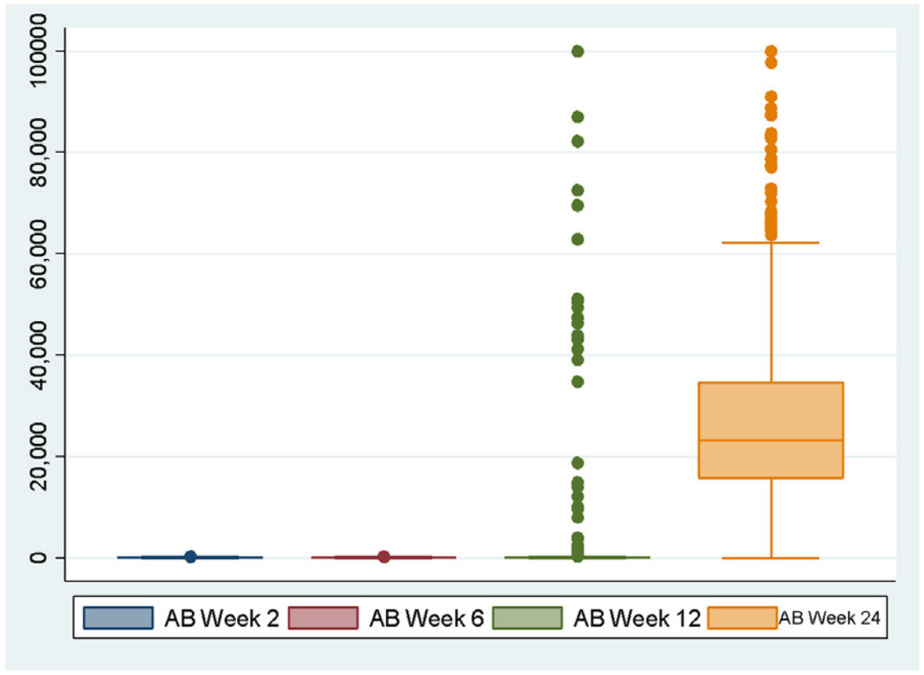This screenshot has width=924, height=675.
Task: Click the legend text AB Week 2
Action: point(222,618)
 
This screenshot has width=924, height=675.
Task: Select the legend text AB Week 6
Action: point(427,618)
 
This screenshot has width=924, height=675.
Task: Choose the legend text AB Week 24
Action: point(829,618)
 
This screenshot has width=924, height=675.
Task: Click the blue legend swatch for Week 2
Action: point(118,618)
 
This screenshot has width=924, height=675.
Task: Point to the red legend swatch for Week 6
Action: point(323,618)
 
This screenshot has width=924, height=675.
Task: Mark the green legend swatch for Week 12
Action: point(528,618)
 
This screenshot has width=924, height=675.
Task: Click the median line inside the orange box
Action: point(771,440)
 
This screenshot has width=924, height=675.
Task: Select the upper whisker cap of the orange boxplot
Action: point(771,242)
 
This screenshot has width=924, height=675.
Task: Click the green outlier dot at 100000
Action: point(577,51)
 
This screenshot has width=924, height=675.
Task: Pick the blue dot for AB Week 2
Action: point(191,556)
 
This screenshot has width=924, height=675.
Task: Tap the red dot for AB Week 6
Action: point(383,556)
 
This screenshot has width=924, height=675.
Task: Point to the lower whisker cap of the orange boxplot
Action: point(771,558)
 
